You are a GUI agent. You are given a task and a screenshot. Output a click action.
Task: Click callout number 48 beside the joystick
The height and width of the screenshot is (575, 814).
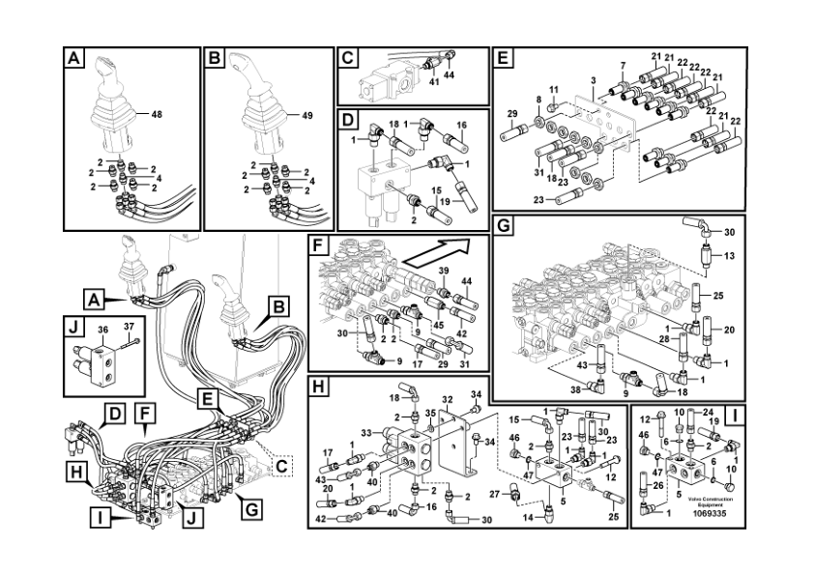pyautogui.click(x=156, y=113)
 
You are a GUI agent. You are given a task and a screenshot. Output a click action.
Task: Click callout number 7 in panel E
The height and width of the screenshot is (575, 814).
pyautogui.click(x=623, y=66)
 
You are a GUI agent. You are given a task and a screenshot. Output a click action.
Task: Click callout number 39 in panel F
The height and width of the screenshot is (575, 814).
pyautogui.click(x=443, y=272)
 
